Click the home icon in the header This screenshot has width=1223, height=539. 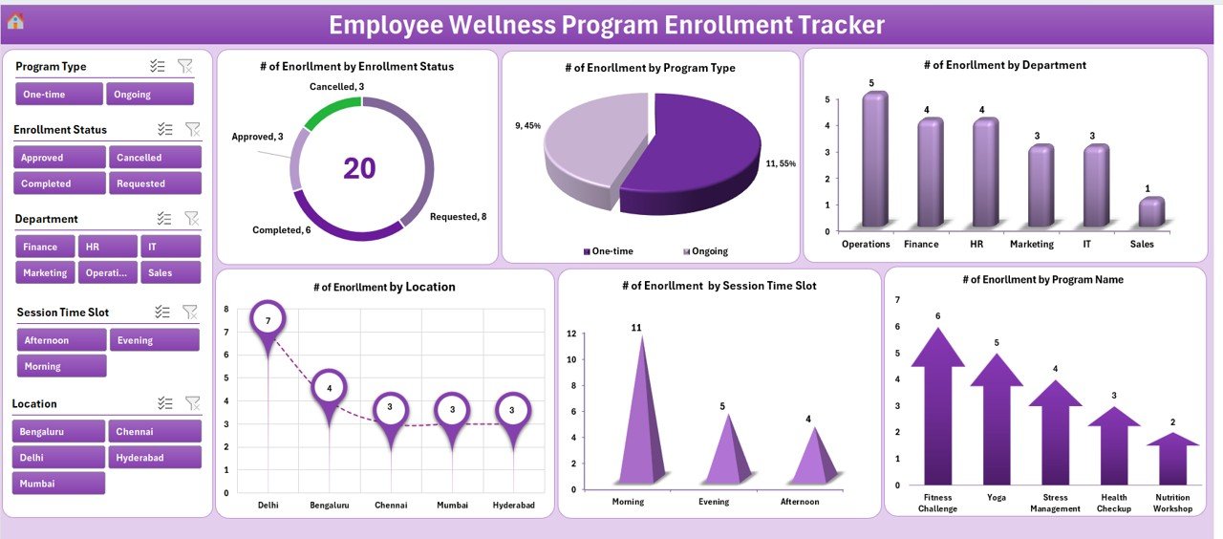(15, 21)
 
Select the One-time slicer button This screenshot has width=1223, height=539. (59, 94)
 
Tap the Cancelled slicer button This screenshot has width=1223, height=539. (154, 157)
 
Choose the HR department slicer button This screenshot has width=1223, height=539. (106, 247)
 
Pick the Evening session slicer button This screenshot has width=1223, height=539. (154, 340)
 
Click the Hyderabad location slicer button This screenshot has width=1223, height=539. (154, 458)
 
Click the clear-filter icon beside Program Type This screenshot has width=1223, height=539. (185, 66)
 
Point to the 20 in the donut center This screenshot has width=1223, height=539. (359, 168)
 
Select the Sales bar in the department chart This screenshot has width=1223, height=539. (1151, 213)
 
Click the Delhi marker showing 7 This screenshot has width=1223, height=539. (268, 321)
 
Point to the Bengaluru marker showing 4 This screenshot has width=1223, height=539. (329, 388)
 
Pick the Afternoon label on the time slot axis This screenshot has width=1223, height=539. (799, 502)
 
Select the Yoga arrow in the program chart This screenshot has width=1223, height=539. (996, 420)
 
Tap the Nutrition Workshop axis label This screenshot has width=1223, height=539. (1172, 503)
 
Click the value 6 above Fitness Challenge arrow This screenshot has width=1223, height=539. (937, 316)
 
